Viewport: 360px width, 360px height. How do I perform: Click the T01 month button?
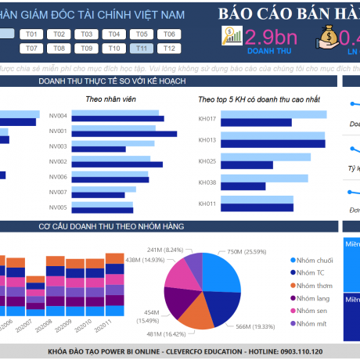[x=32, y=34]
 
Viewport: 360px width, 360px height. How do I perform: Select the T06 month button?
[x=167, y=34]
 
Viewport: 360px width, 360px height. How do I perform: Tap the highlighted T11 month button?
[x=140, y=49]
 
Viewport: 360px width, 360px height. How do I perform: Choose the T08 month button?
[x=59, y=49]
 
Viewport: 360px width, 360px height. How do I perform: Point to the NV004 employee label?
[x=58, y=117]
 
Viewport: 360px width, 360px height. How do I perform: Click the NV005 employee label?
[x=58, y=207]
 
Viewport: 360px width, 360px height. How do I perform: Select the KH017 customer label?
[x=207, y=119]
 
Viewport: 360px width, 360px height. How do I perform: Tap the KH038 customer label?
[x=207, y=182]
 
